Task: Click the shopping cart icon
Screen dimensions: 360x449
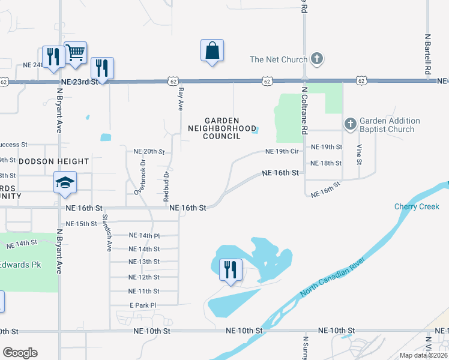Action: tap(75, 52)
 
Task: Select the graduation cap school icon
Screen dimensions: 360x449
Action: tap(65, 183)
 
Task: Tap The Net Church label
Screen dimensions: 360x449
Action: tap(279, 59)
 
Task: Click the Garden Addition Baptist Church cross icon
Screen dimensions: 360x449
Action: tap(350, 124)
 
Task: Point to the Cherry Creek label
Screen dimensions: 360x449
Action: tap(417, 206)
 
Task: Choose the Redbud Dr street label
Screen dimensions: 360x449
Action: tap(166, 184)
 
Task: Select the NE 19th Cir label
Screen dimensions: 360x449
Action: tap(282, 152)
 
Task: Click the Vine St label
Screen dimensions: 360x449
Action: tap(360, 154)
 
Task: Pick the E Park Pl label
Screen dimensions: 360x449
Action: tap(143, 305)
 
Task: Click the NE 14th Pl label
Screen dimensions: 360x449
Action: tap(144, 236)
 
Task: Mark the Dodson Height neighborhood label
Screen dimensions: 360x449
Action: tap(54, 161)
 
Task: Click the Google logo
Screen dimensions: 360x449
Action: tap(20, 353)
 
